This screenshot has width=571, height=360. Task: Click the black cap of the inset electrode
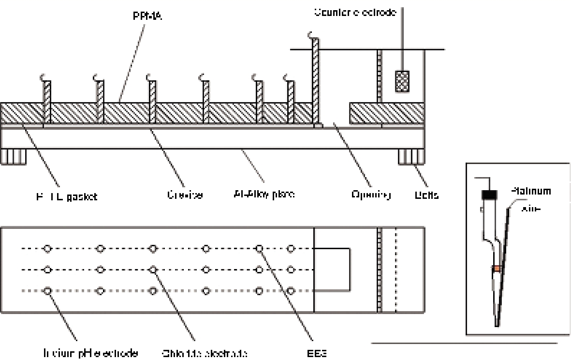[489, 195]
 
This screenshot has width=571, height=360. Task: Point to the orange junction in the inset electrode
[497, 268]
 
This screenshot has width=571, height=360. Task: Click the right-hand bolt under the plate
[411, 157]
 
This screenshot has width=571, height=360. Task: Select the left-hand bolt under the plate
[13, 157]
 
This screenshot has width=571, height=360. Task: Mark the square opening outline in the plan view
[332, 270]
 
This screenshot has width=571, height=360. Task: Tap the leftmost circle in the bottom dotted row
[47, 291]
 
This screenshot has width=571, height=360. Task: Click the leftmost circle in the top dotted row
[47, 249]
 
